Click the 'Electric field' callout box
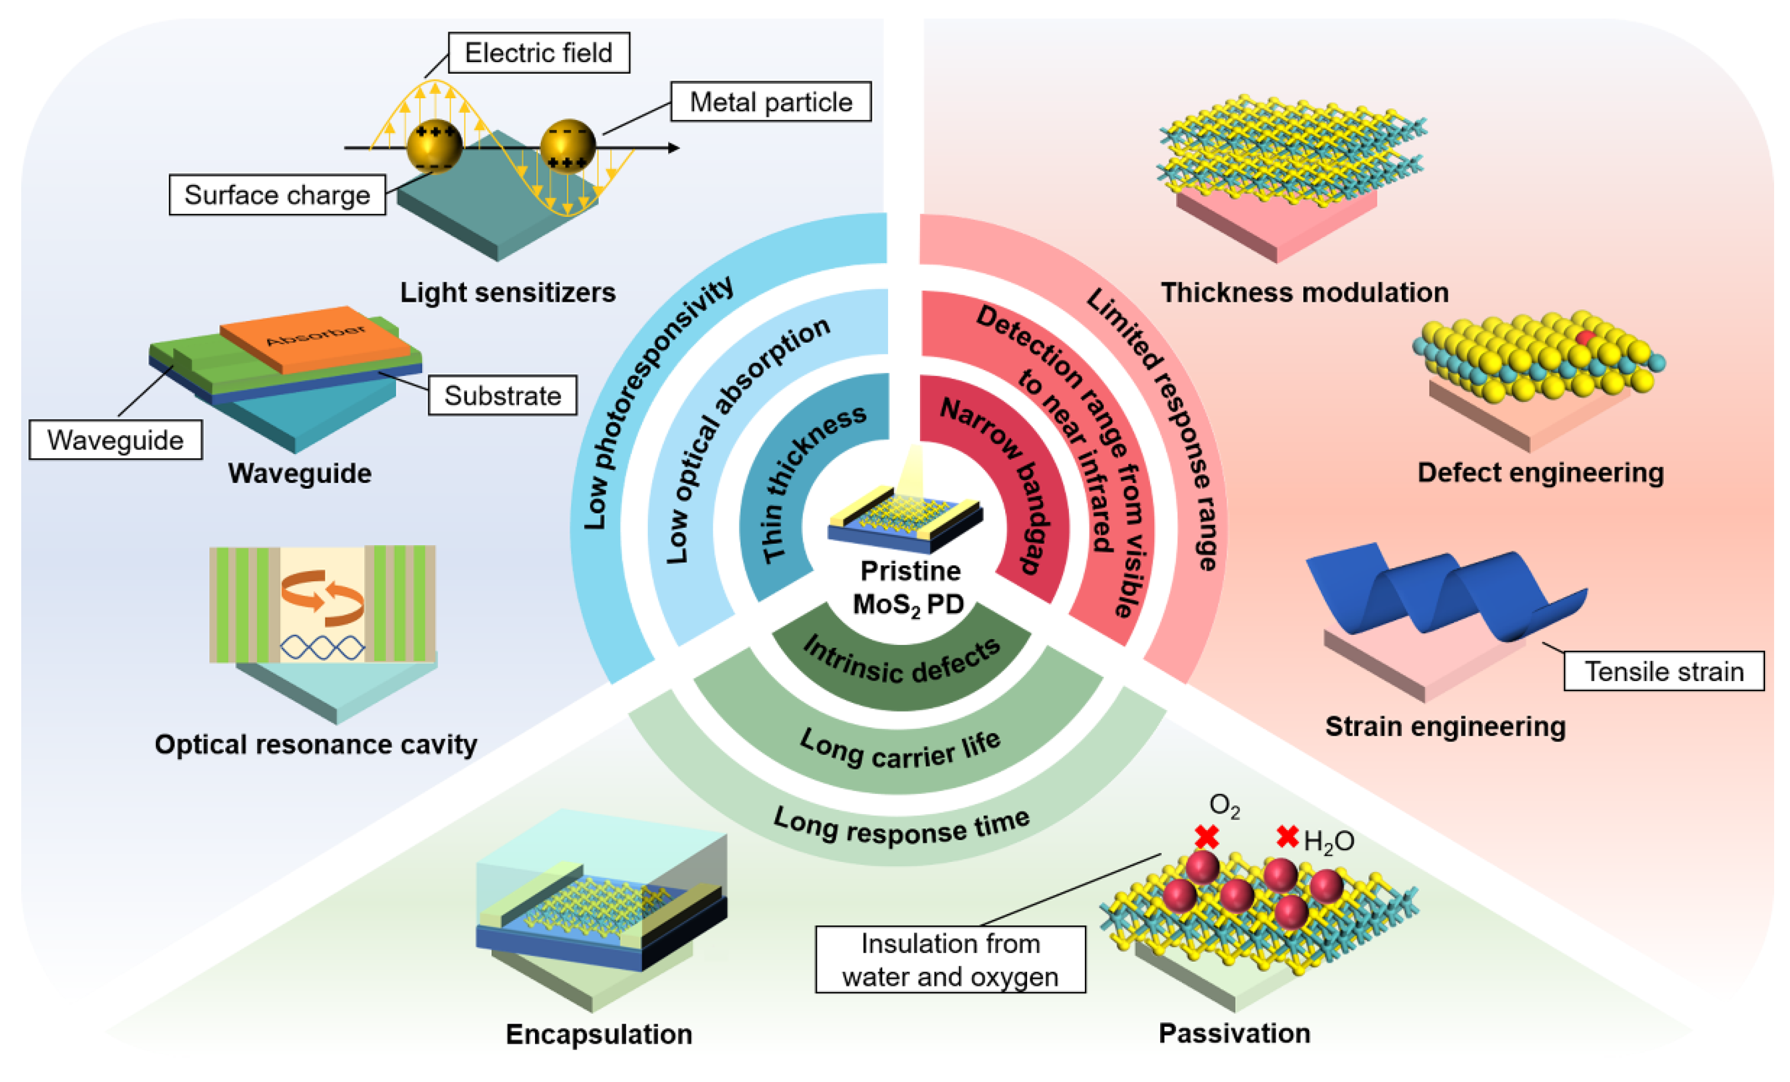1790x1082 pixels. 538,53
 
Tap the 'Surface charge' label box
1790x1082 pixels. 277,195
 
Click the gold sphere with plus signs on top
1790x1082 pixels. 434,146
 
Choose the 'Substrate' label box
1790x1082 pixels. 502,395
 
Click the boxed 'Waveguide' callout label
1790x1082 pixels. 116,440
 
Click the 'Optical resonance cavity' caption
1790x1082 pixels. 315,744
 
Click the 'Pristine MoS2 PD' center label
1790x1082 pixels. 909,587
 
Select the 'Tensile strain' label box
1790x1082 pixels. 1664,671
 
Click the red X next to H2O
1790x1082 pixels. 1287,836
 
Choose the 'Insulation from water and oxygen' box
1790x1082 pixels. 950,959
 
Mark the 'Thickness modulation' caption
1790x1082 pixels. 1305,292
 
